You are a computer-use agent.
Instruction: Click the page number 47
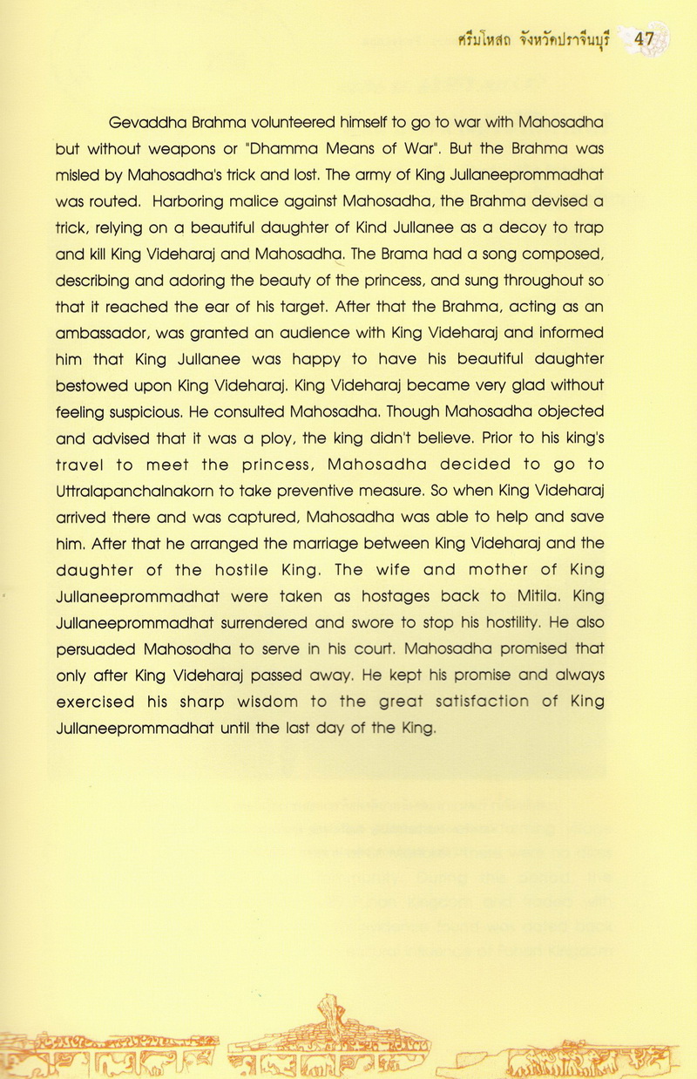pos(644,39)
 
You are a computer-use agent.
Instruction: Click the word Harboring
pos(187,200)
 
